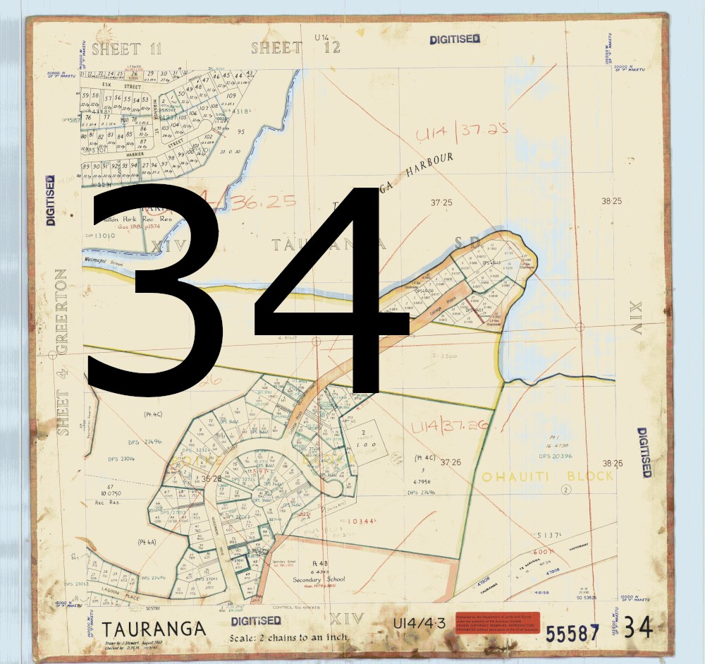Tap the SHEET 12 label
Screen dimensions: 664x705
pyautogui.click(x=296, y=48)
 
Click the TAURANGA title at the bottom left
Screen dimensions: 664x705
pyautogui.click(x=154, y=629)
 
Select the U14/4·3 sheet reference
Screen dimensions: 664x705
pyautogui.click(x=420, y=623)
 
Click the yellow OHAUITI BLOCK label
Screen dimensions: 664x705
pyautogui.click(x=548, y=477)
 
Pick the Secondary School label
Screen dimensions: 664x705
pyautogui.click(x=319, y=579)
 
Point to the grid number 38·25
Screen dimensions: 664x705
pyautogui.click(x=612, y=201)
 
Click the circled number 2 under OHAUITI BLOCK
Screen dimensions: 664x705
pyautogui.click(x=565, y=490)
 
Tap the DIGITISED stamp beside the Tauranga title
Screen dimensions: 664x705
pyautogui.click(x=256, y=621)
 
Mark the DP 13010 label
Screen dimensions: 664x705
pyautogui.click(x=99, y=236)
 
